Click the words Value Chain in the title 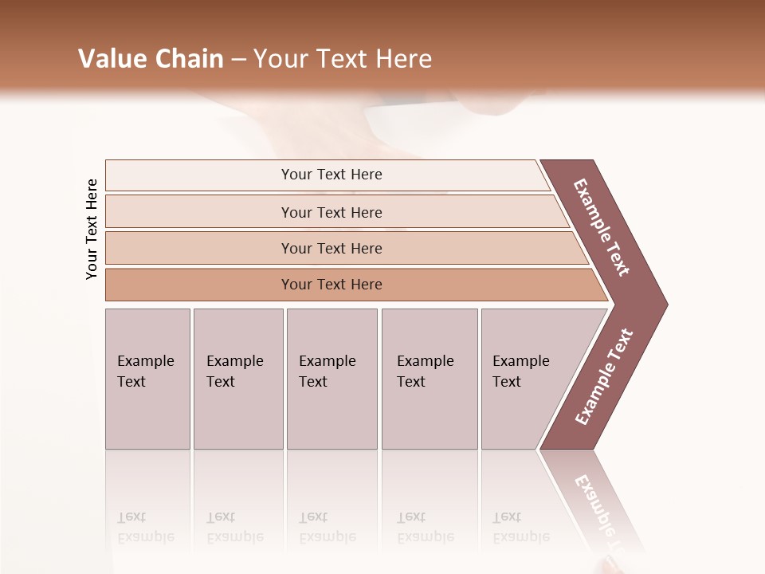(151, 58)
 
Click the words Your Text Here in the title (343, 58)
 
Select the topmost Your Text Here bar (331, 175)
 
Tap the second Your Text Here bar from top (331, 212)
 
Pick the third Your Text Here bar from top (331, 248)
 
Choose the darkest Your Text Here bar (331, 285)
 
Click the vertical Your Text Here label (92, 229)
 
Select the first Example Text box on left (147, 378)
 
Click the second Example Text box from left (237, 378)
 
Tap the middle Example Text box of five (331, 378)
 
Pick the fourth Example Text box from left (429, 378)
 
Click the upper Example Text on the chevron (602, 227)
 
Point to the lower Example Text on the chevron (603, 377)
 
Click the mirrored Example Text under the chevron (602, 510)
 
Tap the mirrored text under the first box (145, 527)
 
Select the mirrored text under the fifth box (520, 527)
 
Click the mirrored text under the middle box (327, 527)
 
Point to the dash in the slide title (238, 59)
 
